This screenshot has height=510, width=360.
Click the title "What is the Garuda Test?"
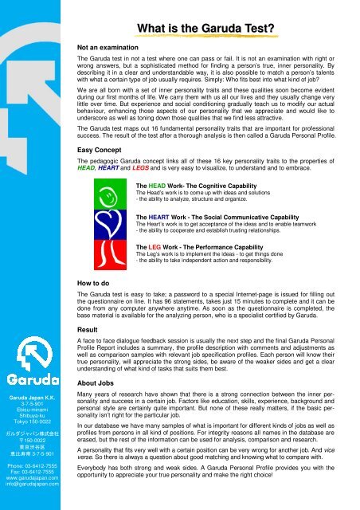[x=206, y=29]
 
